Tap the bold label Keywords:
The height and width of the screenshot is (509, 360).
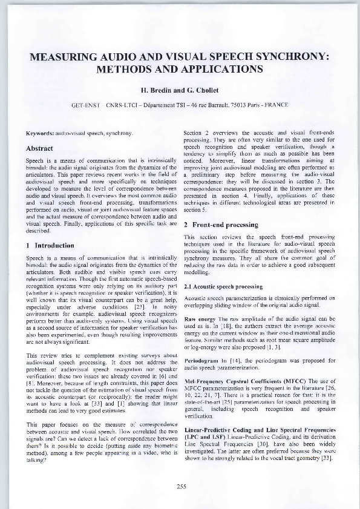tap(40, 132)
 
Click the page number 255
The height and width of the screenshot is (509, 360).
tap(181, 486)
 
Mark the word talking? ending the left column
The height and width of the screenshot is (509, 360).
tap(36, 459)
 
